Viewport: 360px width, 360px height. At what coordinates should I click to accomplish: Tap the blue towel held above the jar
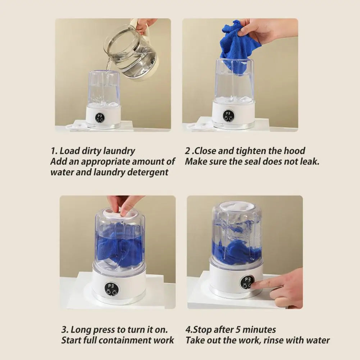(239, 45)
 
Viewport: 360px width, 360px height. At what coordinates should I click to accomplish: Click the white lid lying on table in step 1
(77, 126)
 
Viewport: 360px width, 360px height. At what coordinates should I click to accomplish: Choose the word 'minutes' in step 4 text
(260, 329)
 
